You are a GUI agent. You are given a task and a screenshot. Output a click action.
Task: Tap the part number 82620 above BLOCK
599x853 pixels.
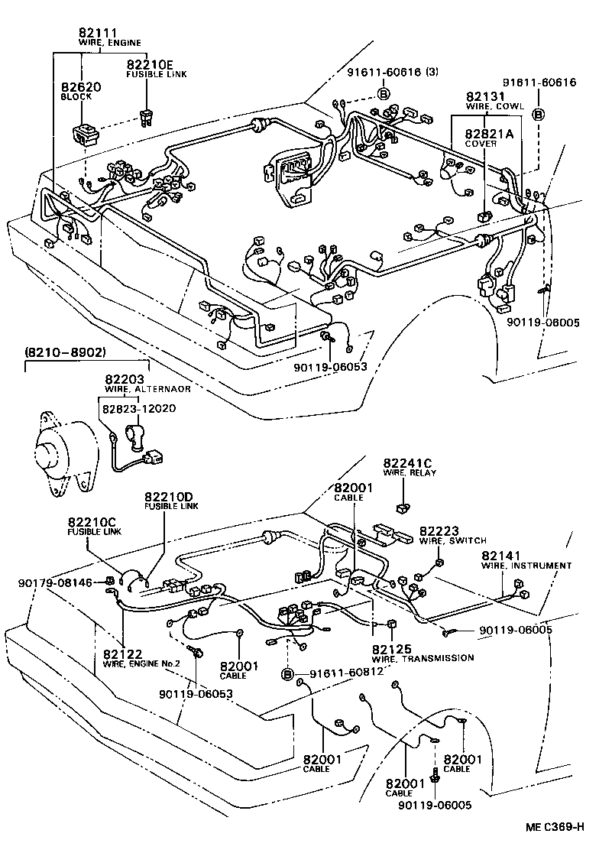pyautogui.click(x=81, y=88)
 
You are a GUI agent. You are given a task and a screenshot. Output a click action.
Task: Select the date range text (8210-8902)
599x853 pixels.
pyautogui.click(x=65, y=352)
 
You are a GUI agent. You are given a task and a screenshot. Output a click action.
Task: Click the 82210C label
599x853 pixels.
pyautogui.click(x=92, y=522)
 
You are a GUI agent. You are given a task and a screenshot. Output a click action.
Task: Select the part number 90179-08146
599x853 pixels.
pyautogui.click(x=55, y=583)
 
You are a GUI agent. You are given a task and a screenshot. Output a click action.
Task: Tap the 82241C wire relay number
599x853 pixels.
pyautogui.click(x=408, y=462)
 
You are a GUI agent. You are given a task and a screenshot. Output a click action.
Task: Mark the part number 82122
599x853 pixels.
pyautogui.click(x=123, y=654)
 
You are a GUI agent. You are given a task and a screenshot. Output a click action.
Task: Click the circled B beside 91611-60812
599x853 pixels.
pyautogui.click(x=287, y=673)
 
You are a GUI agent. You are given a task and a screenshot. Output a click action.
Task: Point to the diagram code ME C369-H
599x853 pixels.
pyautogui.click(x=555, y=828)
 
